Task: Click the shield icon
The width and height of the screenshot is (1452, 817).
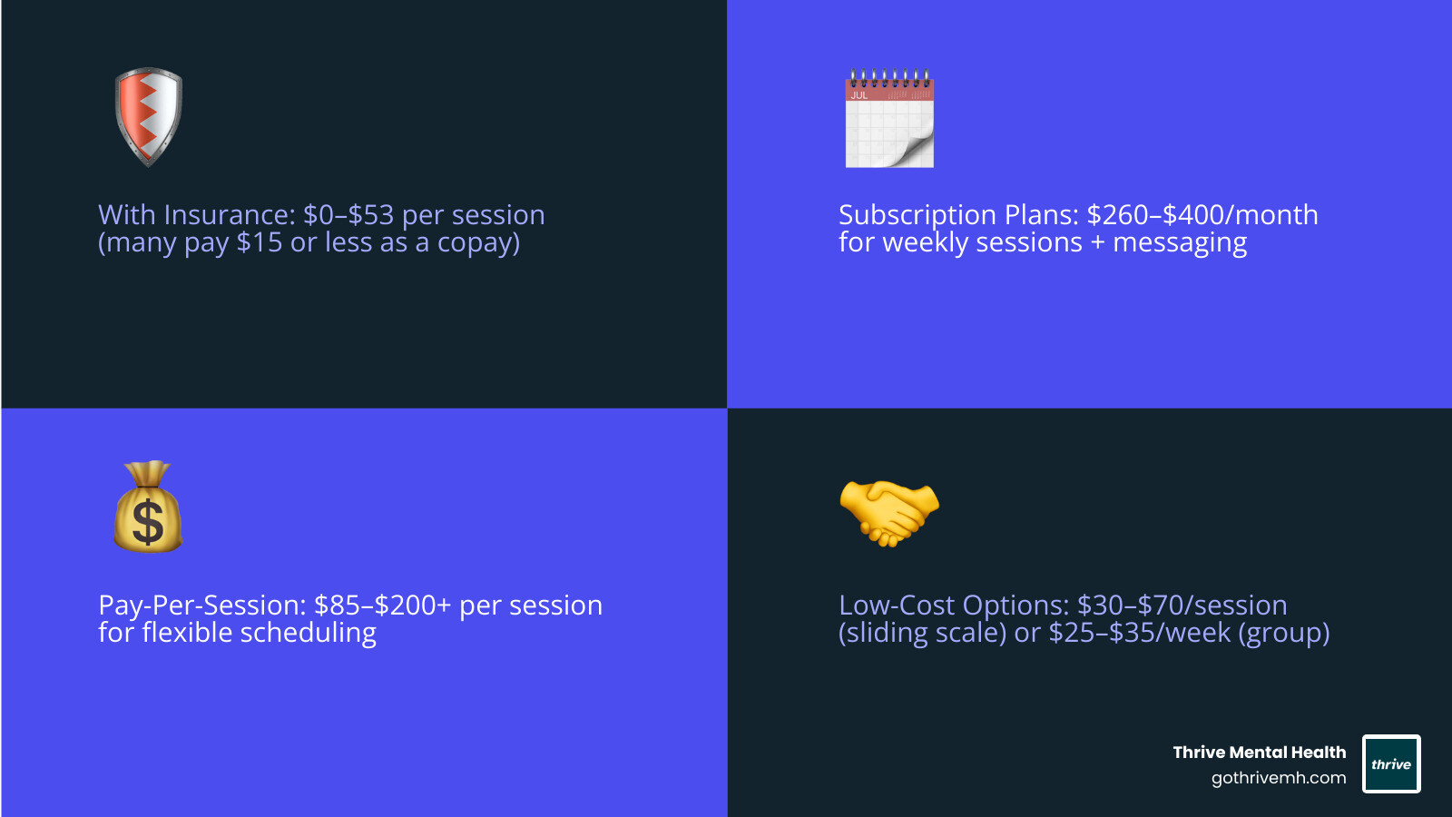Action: [149, 116]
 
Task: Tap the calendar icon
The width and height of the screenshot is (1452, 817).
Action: [889, 119]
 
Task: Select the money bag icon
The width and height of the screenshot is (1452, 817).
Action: [148, 507]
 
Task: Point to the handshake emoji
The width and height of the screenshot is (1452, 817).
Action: [889, 512]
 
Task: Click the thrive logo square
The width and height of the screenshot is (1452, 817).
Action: [1391, 763]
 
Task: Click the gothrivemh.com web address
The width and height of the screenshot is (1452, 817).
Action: [1278, 778]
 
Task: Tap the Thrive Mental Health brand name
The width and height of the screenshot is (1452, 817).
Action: [1259, 753]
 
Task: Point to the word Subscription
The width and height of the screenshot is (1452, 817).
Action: [917, 215]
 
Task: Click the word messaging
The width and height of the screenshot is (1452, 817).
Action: [1180, 243]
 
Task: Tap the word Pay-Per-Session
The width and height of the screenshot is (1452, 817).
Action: [202, 605]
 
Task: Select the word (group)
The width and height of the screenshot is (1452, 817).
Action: [1283, 634]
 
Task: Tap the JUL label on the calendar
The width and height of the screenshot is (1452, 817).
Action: [858, 95]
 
